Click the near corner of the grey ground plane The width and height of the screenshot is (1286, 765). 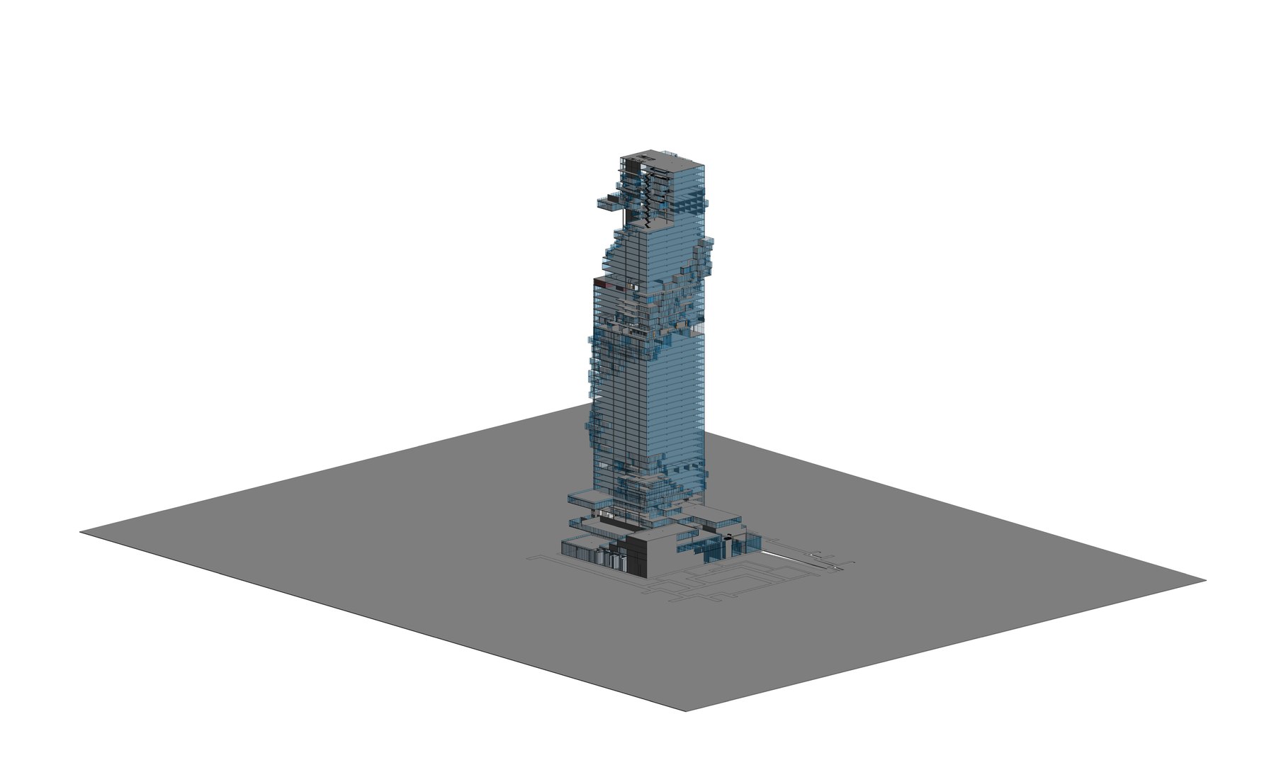pos(684,710)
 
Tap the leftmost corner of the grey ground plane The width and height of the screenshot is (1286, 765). pos(81,531)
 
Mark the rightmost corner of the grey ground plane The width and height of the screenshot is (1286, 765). pos(1205,581)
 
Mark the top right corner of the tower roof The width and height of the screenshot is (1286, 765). pos(705,165)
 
